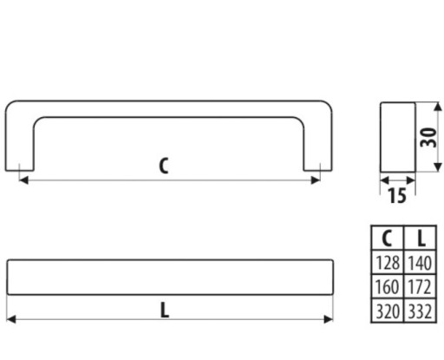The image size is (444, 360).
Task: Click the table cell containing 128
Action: point(388,263)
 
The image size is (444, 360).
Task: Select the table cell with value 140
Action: point(420,263)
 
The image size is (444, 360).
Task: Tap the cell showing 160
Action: point(388,286)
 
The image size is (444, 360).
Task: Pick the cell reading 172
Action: point(420,286)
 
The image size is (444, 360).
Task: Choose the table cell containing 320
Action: point(388,311)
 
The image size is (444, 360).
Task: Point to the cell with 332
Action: point(420,311)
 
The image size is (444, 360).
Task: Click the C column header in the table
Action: point(388,239)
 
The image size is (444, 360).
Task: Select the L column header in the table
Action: point(420,239)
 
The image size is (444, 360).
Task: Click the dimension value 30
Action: point(428,137)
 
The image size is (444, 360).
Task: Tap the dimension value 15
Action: point(397,196)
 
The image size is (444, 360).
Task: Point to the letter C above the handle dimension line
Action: point(164,166)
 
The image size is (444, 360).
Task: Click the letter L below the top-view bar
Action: point(165,310)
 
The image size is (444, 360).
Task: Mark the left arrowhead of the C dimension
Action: point(23,180)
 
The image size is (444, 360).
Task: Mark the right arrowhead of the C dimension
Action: point(316,180)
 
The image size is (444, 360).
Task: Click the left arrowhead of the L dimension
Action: point(11,319)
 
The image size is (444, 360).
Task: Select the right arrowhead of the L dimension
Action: point(329,319)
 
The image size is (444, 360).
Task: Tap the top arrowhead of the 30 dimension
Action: point(438,107)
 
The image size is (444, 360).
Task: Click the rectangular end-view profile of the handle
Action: point(397,137)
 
